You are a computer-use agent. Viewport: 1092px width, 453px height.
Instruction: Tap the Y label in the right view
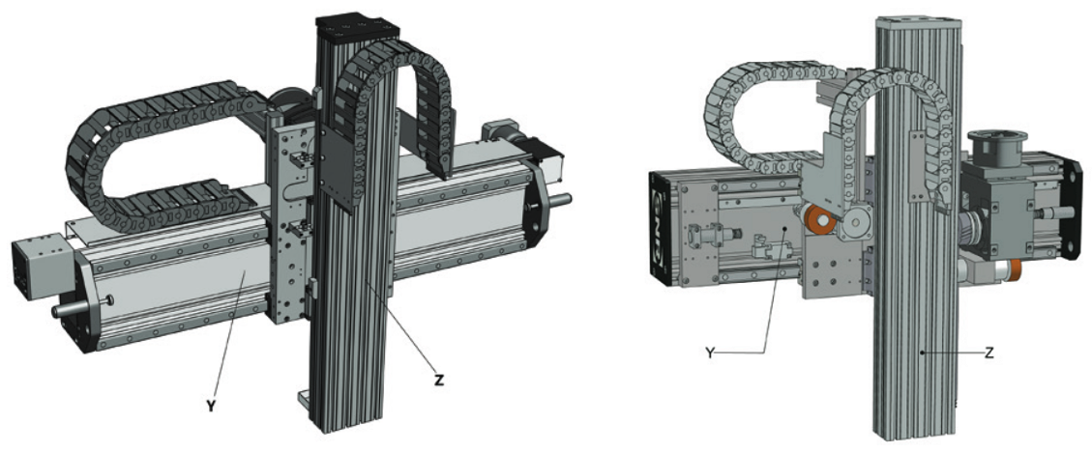point(710,353)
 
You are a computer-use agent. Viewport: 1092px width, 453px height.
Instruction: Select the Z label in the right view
point(989,353)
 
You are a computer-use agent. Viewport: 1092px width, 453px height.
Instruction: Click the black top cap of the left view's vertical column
point(357,25)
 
